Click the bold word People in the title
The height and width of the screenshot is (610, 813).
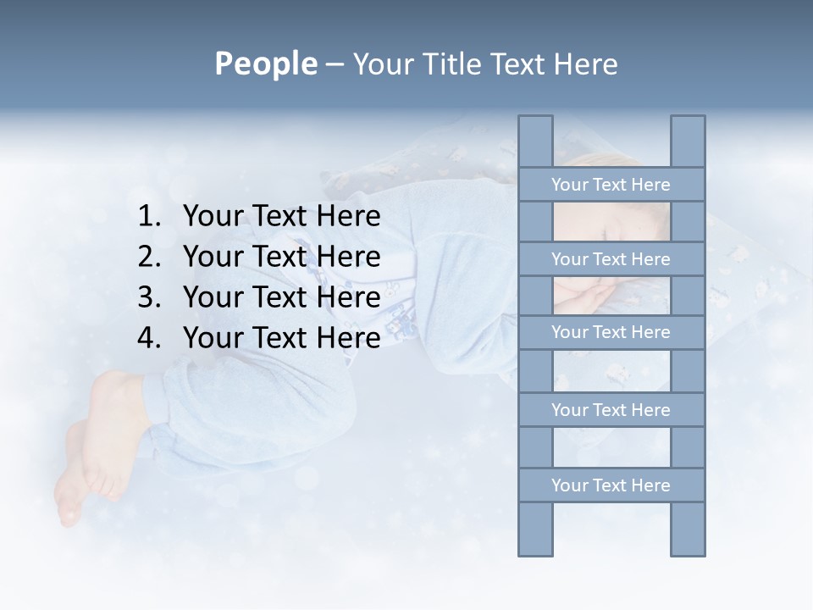tap(264, 64)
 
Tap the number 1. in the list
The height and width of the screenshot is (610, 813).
tap(149, 217)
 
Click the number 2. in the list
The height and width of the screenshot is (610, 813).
tap(149, 258)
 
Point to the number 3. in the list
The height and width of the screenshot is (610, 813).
tap(149, 298)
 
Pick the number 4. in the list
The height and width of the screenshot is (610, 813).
tap(149, 339)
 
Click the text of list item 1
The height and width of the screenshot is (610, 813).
tap(281, 217)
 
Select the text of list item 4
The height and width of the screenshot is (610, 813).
tap(281, 339)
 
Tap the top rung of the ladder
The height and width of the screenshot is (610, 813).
tap(611, 185)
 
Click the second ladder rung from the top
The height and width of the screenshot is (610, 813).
tap(611, 259)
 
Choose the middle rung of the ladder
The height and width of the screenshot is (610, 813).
tap(611, 332)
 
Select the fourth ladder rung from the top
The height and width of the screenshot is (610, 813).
tap(611, 410)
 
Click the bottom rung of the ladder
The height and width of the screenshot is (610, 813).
tap(611, 485)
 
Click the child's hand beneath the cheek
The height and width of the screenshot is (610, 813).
tap(593, 297)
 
